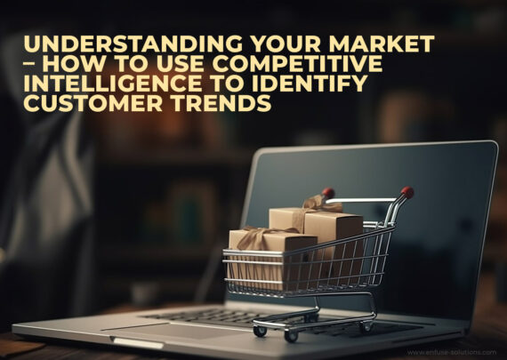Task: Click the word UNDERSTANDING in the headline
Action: (x=133, y=44)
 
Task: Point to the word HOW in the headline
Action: (x=74, y=63)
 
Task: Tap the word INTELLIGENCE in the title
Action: (x=113, y=83)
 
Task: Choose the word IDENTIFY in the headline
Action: (x=310, y=83)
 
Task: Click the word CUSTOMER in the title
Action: (x=93, y=103)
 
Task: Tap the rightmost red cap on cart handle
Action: (x=407, y=192)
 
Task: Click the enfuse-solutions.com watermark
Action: (x=452, y=352)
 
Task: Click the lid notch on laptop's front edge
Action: (x=137, y=343)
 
